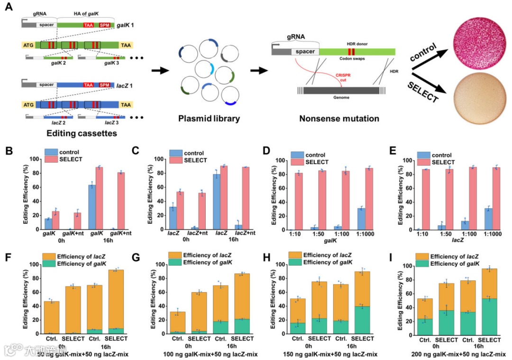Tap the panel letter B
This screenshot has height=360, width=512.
(x=8, y=153)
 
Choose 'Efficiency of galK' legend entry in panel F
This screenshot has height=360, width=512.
(x=79, y=264)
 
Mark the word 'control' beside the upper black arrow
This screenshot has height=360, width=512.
(x=424, y=53)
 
